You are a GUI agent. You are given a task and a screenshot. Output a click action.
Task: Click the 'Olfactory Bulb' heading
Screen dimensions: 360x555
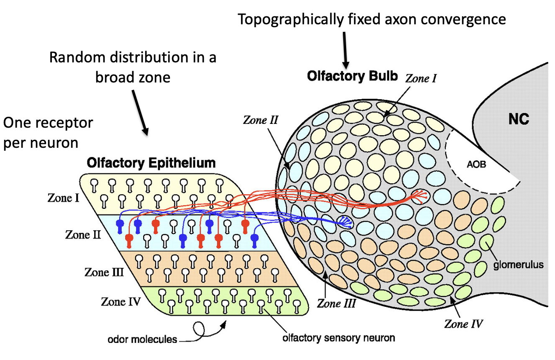(x=352, y=76)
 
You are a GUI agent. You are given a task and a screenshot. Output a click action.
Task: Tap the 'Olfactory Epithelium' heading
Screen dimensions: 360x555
(x=151, y=163)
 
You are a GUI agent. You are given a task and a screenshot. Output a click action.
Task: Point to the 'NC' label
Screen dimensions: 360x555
(x=519, y=120)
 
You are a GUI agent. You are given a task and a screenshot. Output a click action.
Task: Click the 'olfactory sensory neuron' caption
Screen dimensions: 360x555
(x=338, y=337)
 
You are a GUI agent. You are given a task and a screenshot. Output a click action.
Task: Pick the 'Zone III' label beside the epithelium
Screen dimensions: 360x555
(x=104, y=272)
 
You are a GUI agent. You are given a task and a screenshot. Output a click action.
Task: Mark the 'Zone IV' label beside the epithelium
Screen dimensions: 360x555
(x=121, y=301)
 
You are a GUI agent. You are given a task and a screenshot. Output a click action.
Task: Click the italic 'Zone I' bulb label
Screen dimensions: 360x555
(x=421, y=78)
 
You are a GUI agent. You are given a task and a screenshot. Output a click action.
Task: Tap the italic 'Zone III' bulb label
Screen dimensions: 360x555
(x=336, y=303)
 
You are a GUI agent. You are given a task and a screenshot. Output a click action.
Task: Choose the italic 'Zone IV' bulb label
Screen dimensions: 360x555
(x=464, y=323)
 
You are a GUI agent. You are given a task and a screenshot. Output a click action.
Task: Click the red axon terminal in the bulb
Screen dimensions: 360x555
(x=420, y=195)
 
